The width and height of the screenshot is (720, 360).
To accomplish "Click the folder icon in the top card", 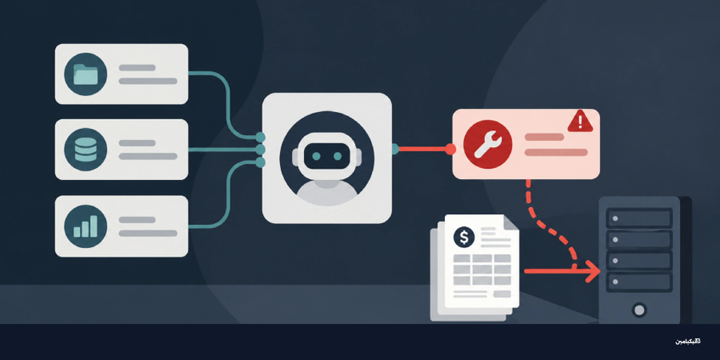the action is click(x=85, y=74).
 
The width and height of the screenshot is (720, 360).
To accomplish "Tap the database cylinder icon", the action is click(x=85, y=150).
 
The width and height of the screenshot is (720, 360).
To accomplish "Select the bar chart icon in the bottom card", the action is click(x=85, y=226).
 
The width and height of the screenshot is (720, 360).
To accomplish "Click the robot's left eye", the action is click(x=316, y=156).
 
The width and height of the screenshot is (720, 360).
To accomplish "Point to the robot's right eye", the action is click(x=338, y=156).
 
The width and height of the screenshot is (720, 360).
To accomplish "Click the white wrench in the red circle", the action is click(x=488, y=144).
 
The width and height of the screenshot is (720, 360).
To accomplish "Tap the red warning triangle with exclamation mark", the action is click(x=580, y=121).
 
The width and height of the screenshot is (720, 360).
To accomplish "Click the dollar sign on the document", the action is click(x=464, y=237).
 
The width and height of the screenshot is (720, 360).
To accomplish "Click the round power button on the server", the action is click(x=639, y=310).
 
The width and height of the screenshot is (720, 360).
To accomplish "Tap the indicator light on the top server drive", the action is click(x=615, y=219).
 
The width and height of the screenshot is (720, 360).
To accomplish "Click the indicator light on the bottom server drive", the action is click(x=615, y=282).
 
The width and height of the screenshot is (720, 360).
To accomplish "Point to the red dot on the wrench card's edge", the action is click(x=450, y=149).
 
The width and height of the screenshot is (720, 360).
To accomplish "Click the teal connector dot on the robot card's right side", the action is click(x=395, y=149).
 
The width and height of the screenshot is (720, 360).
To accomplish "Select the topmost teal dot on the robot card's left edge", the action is click(x=260, y=137).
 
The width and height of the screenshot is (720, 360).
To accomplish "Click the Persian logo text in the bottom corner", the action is click(x=688, y=341).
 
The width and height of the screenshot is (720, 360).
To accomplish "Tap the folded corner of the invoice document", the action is click(x=511, y=222).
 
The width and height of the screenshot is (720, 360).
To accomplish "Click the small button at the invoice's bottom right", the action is click(x=502, y=294).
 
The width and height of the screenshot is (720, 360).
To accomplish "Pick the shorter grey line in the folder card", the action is click(x=137, y=68).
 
